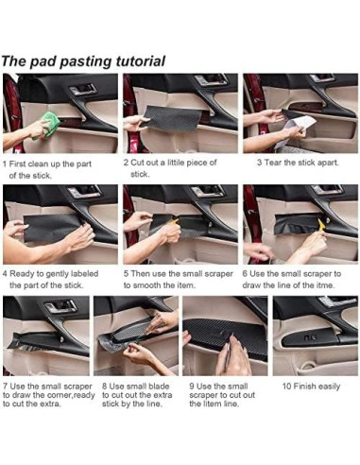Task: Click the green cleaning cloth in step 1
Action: pos(48,124)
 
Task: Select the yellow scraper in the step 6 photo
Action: pos(321,224)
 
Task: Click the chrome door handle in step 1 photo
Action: pos(83,89)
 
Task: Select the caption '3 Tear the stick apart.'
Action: pos(298,163)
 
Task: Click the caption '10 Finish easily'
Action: pos(311,387)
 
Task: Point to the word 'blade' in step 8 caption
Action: pos(159,387)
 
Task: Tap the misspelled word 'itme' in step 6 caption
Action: pos(324,285)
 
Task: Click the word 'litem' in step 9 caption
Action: pos(213,404)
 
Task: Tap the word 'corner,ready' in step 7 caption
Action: pos(71,395)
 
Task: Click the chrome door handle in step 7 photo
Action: pos(60,306)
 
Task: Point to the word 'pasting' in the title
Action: pos(86,61)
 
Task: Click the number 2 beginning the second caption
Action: pos(126,163)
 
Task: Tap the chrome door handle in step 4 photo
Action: pos(84,191)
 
